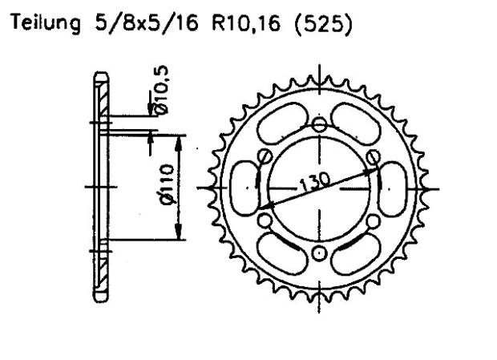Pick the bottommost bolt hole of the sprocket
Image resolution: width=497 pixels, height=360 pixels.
(321, 255)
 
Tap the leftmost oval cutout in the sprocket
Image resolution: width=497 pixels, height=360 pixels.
(244, 190)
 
